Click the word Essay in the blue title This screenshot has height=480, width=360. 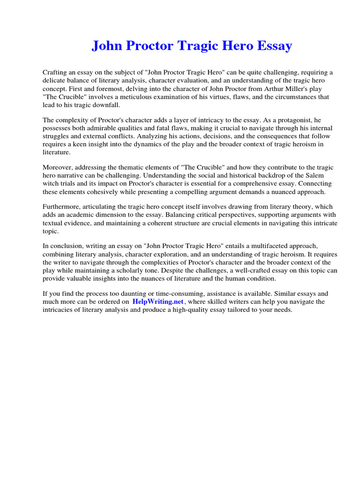[273, 46]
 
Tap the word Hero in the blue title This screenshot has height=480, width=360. [238, 46]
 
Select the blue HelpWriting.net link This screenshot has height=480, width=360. [158, 302]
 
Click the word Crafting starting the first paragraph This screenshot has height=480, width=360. [55, 72]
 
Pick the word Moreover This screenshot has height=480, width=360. [58, 168]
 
